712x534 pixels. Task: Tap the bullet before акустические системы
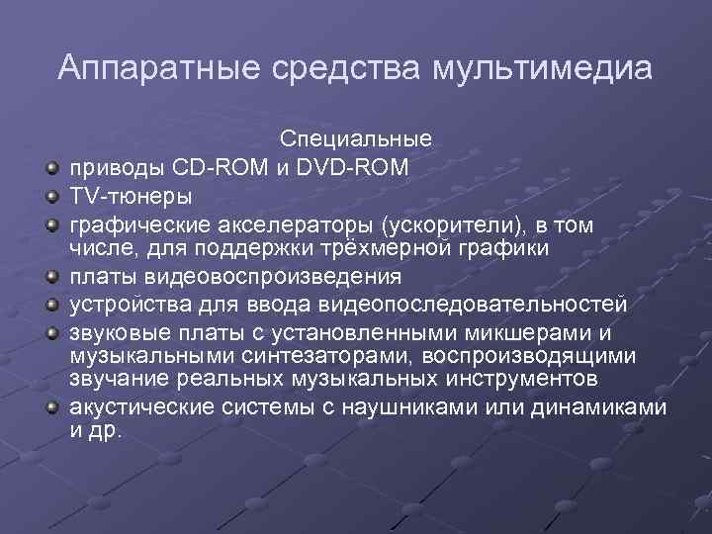point(49,407)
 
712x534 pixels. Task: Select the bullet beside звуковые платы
point(49,330)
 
